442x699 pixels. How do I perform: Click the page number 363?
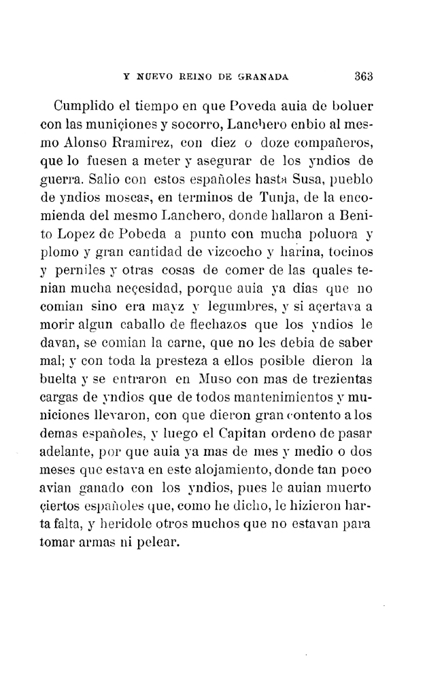[366, 75]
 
